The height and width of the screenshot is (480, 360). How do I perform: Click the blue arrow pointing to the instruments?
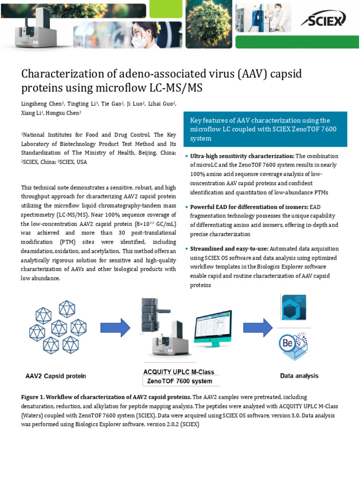pyautogui.click(x=115, y=327)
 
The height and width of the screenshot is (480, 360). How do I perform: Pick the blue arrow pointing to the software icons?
pyautogui.click(x=257, y=327)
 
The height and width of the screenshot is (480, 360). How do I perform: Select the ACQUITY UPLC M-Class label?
pyautogui.click(x=178, y=372)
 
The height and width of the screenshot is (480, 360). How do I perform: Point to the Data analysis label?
pyautogui.click(x=299, y=375)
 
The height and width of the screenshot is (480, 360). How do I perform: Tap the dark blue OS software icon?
pyautogui.click(x=293, y=308)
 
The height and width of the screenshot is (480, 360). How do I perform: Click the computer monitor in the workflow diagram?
pyautogui.click(x=213, y=327)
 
